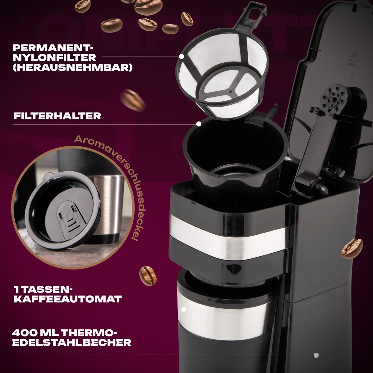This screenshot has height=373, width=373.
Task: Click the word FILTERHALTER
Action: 58,116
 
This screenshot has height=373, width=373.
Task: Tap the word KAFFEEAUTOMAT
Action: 68,299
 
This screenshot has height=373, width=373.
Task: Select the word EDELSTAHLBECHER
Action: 72,343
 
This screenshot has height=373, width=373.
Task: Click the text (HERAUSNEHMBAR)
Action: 73,68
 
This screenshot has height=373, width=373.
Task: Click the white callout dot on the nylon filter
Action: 182,56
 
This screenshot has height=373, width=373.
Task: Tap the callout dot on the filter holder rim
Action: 199,124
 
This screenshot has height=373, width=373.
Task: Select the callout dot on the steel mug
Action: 184,309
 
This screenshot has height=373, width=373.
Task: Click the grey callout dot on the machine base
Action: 316,355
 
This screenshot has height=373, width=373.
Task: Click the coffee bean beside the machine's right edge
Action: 352,249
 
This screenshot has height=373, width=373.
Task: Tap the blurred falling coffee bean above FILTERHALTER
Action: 133,100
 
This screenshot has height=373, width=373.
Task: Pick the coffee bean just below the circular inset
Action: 148,276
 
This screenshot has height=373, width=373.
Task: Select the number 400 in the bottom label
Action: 24,333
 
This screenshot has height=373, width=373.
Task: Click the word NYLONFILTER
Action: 54,58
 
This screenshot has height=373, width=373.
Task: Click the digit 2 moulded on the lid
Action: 352,76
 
